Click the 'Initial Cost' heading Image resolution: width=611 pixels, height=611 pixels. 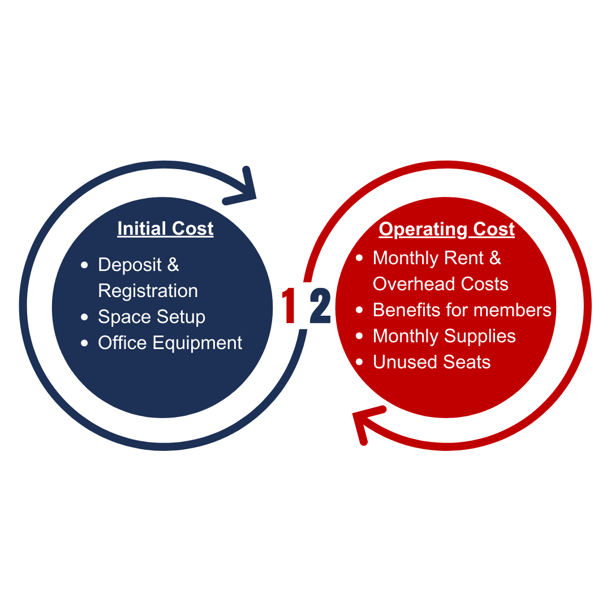click(165, 229)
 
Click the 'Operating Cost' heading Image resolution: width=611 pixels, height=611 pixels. click(446, 229)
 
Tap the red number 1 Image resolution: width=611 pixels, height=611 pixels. click(290, 306)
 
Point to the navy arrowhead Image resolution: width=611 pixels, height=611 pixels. click(244, 190)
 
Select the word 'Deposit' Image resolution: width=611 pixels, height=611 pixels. click(130, 265)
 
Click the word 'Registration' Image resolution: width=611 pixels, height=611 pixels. click(148, 291)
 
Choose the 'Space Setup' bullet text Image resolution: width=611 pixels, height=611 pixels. click(152, 317)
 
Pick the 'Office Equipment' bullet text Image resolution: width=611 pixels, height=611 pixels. click(170, 343)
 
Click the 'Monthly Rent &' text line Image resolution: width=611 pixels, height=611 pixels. click(437, 258)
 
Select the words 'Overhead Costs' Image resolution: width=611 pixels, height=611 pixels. click(440, 284)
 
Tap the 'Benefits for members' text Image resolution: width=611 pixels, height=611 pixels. click(462, 310)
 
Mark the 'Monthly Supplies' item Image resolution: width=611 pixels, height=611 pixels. click(444, 336)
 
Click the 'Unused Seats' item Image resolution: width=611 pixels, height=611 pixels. click(432, 362)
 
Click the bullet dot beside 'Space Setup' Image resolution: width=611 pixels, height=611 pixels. click(85, 317)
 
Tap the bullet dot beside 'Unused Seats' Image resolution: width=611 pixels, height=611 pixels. click(359, 363)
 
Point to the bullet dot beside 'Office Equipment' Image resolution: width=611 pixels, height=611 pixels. click(85, 343)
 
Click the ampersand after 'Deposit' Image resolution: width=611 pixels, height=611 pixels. click(173, 265)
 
